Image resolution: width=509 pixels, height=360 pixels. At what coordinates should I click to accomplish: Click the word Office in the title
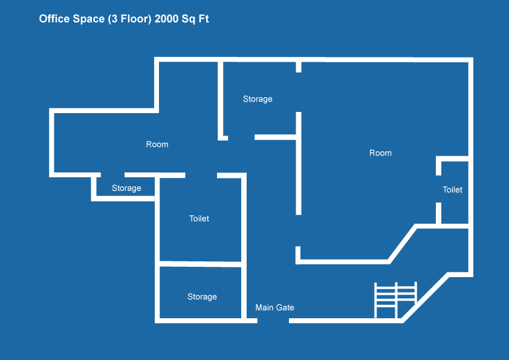pyautogui.click(x=54, y=19)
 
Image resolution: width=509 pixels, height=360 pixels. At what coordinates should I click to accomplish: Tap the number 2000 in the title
pyautogui.click(x=166, y=19)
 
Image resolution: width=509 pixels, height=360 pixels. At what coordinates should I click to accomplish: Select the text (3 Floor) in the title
pyautogui.click(x=129, y=19)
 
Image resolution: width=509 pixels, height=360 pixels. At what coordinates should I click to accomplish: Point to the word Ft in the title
pyautogui.click(x=204, y=19)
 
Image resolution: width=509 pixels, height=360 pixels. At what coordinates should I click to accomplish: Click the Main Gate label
pyautogui.click(x=274, y=307)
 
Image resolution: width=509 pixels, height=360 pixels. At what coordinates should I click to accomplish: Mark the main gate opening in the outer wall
pyautogui.click(x=273, y=321)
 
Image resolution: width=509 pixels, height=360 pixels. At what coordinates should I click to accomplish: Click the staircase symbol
pyautogui.click(x=396, y=300)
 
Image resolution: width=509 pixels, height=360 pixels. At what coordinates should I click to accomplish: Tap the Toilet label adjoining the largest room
pyautogui.click(x=452, y=190)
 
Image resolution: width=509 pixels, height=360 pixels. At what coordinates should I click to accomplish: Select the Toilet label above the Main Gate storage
pyautogui.click(x=199, y=218)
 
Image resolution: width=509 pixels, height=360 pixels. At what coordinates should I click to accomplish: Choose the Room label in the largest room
pyautogui.click(x=380, y=153)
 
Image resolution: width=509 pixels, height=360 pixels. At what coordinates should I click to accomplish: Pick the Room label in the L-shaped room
pyautogui.click(x=157, y=144)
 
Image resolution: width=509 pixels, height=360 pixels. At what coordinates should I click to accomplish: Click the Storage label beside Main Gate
pyautogui.click(x=202, y=296)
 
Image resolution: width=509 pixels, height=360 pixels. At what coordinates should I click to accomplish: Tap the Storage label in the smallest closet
pyautogui.click(x=126, y=188)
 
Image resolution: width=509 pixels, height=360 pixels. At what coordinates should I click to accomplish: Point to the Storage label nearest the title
pyautogui.click(x=258, y=99)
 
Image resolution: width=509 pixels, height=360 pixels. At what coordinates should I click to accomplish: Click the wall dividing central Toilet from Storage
pyautogui.click(x=200, y=264)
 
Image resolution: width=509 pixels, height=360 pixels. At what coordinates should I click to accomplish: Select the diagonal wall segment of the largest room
pyautogui.click(x=403, y=244)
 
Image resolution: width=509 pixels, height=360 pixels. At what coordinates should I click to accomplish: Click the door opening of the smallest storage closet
pyautogui.click(x=112, y=175)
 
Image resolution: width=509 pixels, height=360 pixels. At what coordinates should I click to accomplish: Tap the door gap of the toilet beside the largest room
pyautogui.click(x=438, y=189)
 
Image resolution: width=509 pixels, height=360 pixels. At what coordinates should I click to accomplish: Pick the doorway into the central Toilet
pyautogui.click(x=201, y=175)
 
